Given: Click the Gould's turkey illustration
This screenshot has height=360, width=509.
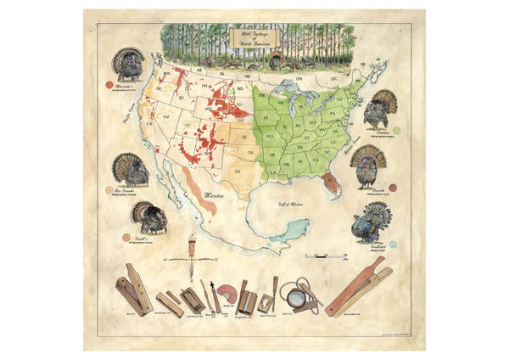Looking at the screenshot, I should click(x=148, y=217).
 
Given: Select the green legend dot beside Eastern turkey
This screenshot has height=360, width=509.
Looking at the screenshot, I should click(x=396, y=130).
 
